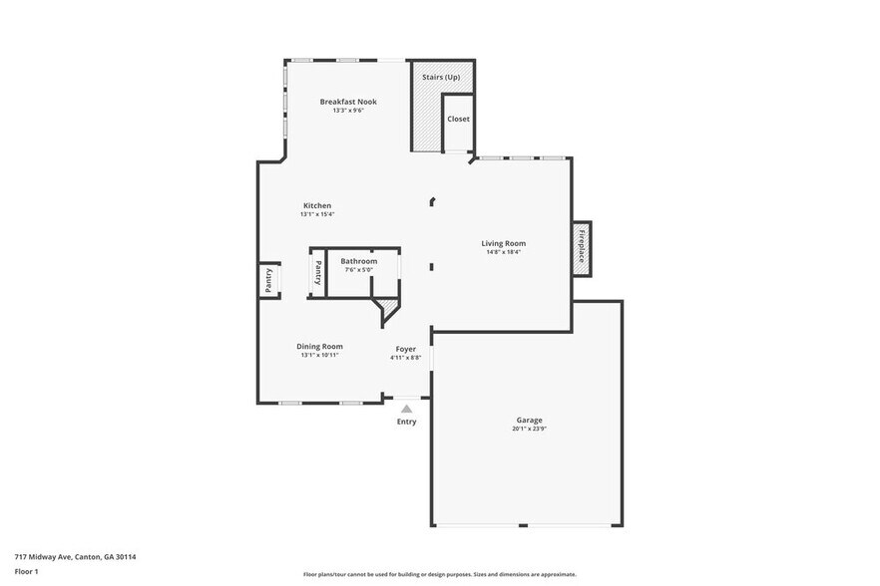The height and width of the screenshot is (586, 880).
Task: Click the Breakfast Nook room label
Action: pyautogui.click(x=348, y=102)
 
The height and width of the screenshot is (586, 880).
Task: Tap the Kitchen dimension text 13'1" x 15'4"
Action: pyautogui.click(x=316, y=214)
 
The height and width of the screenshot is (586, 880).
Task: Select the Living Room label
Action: pyautogui.click(x=503, y=243)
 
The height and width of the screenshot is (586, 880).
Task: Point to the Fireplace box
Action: pyautogui.click(x=580, y=248)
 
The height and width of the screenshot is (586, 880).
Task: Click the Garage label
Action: pyautogui.click(x=529, y=421)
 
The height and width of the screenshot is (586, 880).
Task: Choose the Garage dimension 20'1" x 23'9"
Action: pyautogui.click(x=529, y=430)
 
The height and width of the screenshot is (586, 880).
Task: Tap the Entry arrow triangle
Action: pyautogui.click(x=406, y=408)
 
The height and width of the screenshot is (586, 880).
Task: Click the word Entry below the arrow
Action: pyautogui.click(x=406, y=422)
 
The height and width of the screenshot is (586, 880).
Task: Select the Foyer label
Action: pyautogui.click(x=405, y=349)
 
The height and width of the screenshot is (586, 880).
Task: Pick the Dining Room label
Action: pyautogui.click(x=319, y=346)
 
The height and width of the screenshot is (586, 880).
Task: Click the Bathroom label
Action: pyautogui.click(x=358, y=261)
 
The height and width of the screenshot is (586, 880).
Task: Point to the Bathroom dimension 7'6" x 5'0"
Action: pyautogui.click(x=358, y=270)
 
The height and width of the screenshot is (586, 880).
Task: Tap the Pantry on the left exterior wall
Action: pyautogui.click(x=267, y=280)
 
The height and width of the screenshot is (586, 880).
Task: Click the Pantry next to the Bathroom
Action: pyautogui.click(x=318, y=272)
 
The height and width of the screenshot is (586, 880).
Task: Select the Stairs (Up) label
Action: pyautogui.click(x=441, y=76)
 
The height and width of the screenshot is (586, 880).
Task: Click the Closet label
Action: pyautogui.click(x=458, y=119)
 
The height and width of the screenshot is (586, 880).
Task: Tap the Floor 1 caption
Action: pyautogui.click(x=26, y=571)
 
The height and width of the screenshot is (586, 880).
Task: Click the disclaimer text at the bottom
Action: pyautogui.click(x=439, y=575)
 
